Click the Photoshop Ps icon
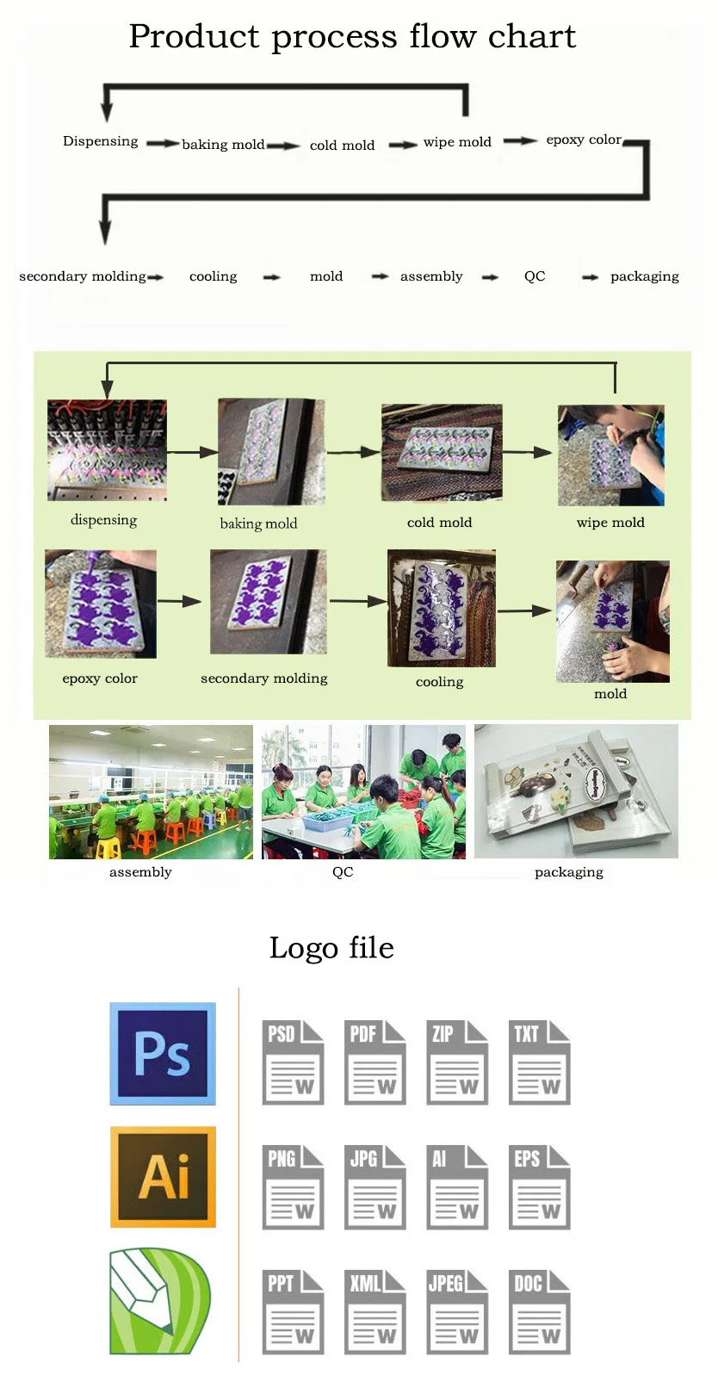coord(163,1053)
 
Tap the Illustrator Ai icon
coord(163,1176)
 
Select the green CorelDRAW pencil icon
coord(159,1301)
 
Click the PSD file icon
coord(293,1062)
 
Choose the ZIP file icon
coord(456,1062)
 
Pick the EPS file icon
coord(539,1187)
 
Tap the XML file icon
coord(374,1312)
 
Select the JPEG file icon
coord(456,1312)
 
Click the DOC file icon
coord(539,1312)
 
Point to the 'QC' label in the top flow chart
coord(535,276)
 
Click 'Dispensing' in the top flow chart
coord(100,141)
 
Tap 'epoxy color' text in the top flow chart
coord(583,139)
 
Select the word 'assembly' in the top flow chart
coord(431,276)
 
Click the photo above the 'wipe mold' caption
coord(610,455)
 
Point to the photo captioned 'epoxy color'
coord(101,604)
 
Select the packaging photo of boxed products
coord(576,791)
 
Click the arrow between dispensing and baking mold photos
coord(192,452)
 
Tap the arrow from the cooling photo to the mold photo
coord(524,610)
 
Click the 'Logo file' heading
coord(331,948)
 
